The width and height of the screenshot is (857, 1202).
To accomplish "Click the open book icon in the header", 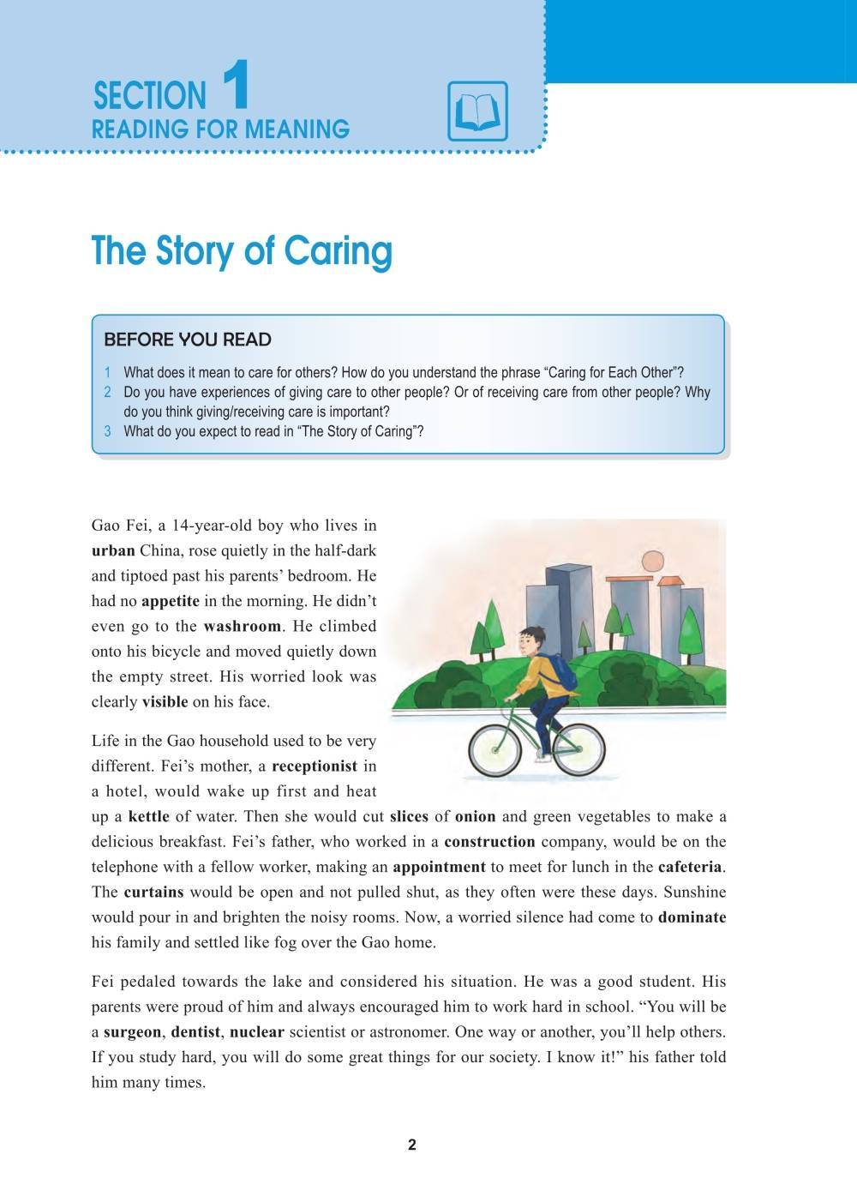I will point(477,111).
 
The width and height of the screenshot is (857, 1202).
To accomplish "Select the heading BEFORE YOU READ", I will point(187,340).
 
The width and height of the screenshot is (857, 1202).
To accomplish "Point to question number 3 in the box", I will point(108,431).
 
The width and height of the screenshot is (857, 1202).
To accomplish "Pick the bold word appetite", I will point(170,601).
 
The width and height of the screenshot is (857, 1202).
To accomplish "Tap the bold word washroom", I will point(242,626).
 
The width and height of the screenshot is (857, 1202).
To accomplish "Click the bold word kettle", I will point(148,816).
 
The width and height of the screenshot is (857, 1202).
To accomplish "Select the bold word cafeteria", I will point(691,867).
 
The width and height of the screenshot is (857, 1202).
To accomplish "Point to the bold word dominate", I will point(692,917).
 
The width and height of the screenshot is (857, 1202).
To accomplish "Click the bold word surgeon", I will point(132,1032).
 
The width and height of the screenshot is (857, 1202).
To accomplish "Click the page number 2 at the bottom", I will point(412,1145).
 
